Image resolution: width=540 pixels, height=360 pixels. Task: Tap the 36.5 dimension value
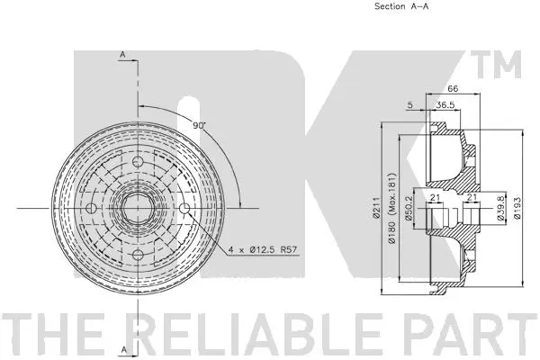pyautogui.click(x=445, y=104)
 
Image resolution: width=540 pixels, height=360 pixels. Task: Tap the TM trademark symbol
pyautogui.click(x=503, y=65)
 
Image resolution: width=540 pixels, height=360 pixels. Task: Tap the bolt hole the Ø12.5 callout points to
pyautogui.click(x=184, y=210)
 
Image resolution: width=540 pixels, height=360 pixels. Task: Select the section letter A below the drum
pyautogui.click(x=121, y=346)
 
